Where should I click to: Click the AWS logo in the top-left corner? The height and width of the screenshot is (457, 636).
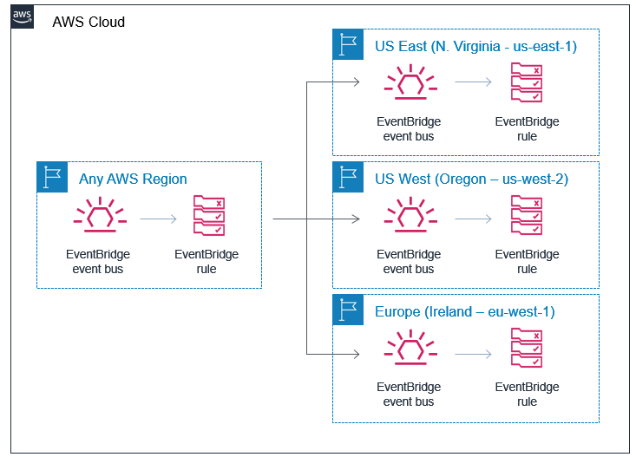(23, 16)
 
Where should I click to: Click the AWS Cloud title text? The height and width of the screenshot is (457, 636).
(89, 22)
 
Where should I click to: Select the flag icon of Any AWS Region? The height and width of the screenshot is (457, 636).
(52, 177)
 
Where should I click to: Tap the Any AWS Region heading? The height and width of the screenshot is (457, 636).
(133, 179)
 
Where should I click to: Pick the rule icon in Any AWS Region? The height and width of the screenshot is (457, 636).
(207, 217)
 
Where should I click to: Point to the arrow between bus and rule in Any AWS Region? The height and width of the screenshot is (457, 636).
(157, 219)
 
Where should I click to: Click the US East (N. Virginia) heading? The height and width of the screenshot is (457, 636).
(475, 46)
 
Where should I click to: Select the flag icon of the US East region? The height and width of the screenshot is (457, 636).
(348, 44)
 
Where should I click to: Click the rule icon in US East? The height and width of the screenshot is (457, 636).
(527, 83)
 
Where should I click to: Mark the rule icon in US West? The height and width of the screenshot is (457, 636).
(527, 217)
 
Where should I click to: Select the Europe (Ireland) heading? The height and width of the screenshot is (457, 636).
(464, 311)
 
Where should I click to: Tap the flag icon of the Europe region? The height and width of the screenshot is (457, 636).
(348, 310)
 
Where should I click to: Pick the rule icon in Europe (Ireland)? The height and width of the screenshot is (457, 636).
(527, 349)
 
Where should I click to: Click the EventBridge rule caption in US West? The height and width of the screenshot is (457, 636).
(527, 262)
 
